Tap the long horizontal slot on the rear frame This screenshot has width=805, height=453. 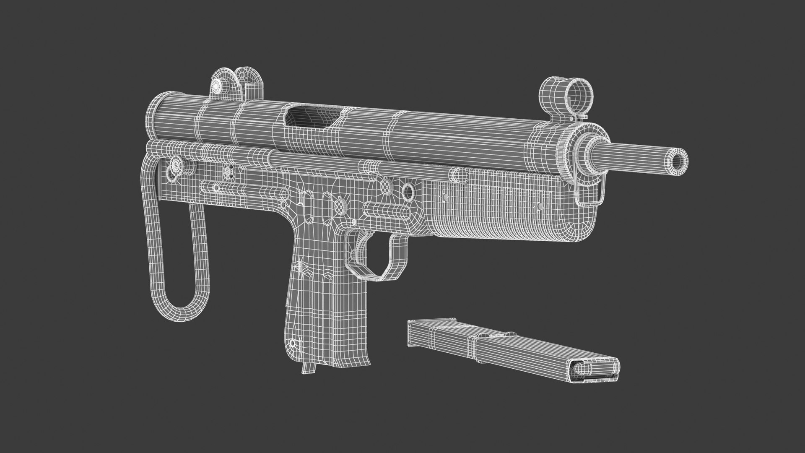click(x=235, y=187)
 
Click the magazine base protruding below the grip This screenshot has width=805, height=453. click(x=308, y=367)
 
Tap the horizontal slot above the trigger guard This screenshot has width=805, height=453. click(x=386, y=209)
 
